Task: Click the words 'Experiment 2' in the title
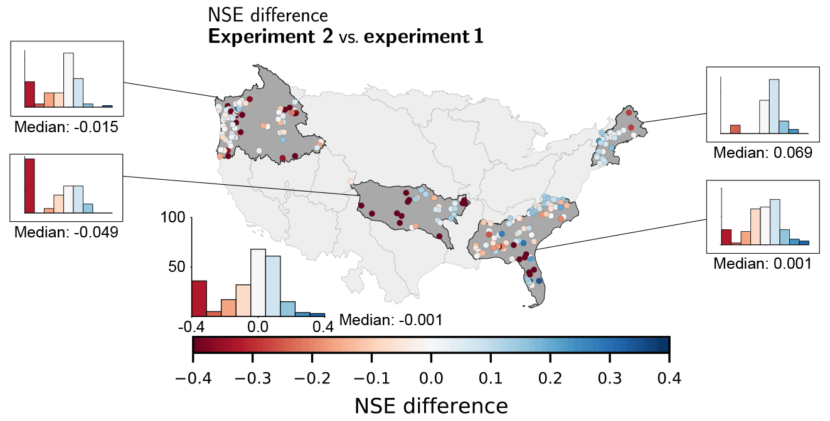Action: (271, 36)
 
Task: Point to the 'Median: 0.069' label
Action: (762, 152)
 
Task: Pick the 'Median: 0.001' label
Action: (762, 264)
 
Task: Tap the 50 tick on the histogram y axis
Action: (178, 267)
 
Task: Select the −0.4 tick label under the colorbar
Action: (193, 378)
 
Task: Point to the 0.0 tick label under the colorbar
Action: (431, 378)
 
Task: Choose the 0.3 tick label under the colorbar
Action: (610, 378)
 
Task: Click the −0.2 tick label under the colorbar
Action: (312, 378)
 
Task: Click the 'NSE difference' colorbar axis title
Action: (431, 406)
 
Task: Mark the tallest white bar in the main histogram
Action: (258, 283)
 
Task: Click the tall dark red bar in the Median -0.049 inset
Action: (29, 186)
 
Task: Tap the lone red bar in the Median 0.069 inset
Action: (735, 130)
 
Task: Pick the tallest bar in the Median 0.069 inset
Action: (774, 107)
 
